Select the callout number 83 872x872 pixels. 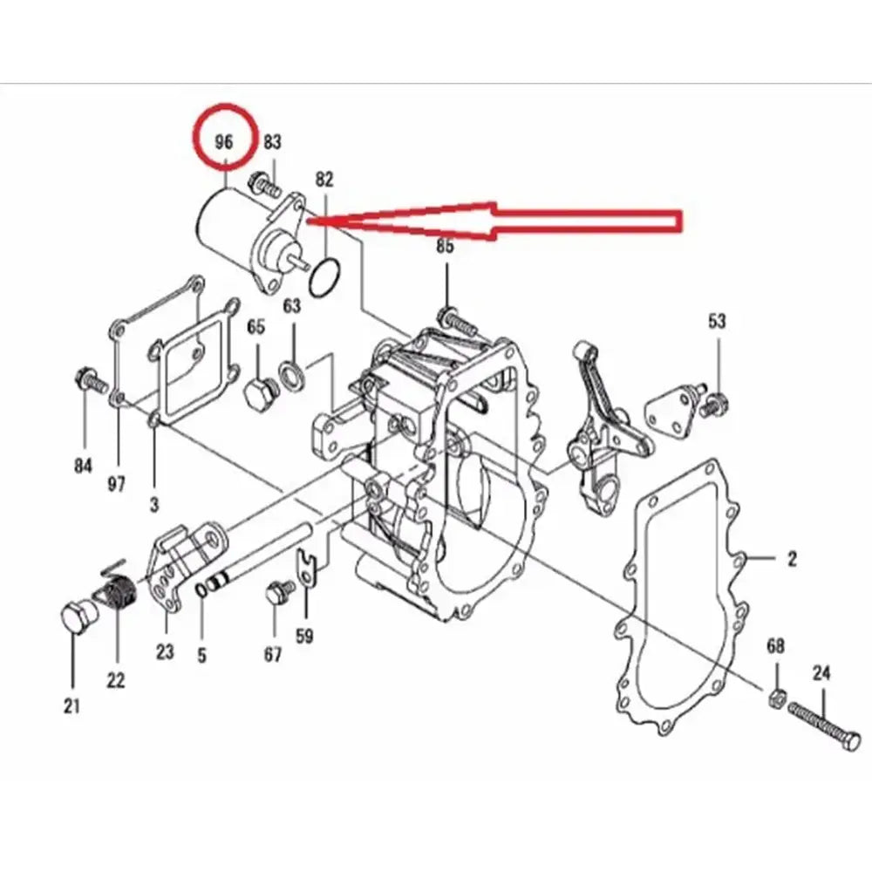272,141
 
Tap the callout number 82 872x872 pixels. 324,180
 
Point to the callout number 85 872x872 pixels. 446,247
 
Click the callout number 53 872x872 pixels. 717,321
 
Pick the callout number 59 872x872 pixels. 303,637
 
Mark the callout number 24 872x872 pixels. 822,672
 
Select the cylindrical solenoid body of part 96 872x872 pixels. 222,227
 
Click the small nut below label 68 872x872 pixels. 774,696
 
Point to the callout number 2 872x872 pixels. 792,559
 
